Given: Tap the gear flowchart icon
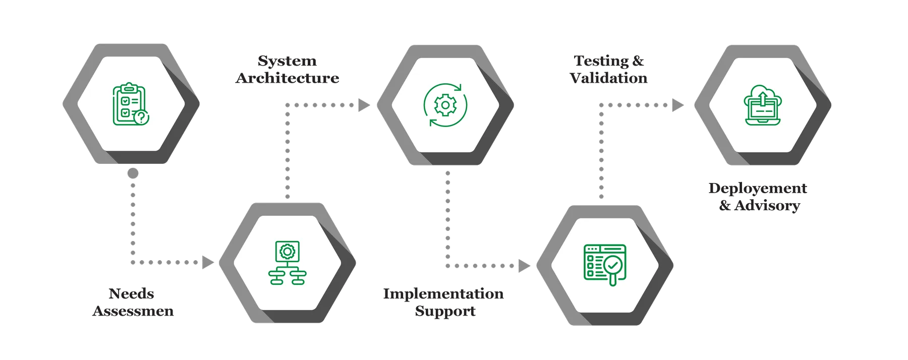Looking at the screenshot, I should click(287, 263).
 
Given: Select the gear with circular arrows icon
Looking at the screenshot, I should click(445, 105).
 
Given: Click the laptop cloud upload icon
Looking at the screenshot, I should click(762, 104).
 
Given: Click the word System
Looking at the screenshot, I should click(288, 62).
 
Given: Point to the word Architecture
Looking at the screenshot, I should click(287, 78).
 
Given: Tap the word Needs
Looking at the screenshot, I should click(132, 294).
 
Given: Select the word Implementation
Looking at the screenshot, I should click(443, 294).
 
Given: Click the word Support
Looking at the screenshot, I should click(445, 311).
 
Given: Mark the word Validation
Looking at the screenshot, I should click(609, 78).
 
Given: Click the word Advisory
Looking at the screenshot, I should click(767, 206).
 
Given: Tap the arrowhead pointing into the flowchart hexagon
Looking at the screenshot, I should click(207, 262).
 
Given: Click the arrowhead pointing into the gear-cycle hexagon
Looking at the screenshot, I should click(364, 105).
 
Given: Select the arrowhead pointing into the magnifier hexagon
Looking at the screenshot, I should click(525, 265).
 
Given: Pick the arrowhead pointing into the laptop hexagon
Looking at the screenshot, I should click(678, 105).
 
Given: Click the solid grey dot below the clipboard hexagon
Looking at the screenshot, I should click(133, 174).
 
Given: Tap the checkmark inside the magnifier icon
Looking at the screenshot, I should click(613, 264).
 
